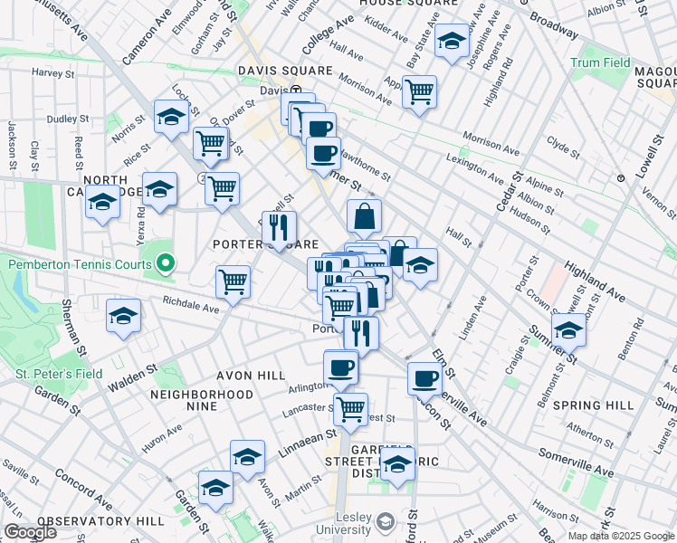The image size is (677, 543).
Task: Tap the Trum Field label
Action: point(600,63)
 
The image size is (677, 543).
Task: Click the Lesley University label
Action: point(350,521)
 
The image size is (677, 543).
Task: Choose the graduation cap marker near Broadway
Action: point(452,40)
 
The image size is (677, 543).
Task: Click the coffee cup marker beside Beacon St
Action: point(424,378)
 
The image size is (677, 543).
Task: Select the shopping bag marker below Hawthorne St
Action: point(364,215)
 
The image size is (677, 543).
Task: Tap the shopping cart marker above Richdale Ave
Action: point(233,281)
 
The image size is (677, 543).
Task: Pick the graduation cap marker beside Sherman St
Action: point(122,317)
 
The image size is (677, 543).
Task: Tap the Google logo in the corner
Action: point(30,531)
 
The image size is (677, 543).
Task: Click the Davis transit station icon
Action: point(295,90)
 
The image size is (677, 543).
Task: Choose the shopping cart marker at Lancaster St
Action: point(350,406)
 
